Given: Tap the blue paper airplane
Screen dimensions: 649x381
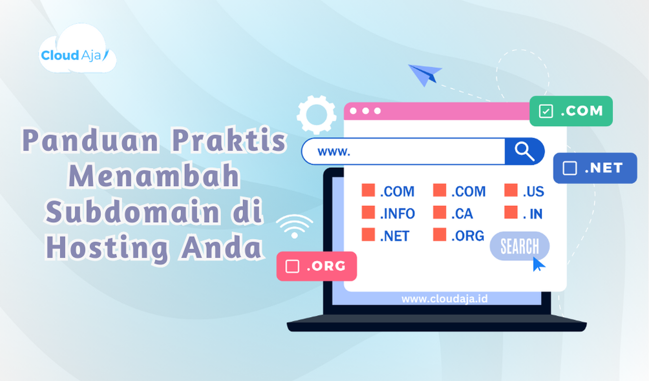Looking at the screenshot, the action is (425, 74).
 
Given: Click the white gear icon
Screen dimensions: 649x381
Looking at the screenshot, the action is (317, 114).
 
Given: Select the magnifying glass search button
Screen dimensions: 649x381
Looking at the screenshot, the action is (524, 151).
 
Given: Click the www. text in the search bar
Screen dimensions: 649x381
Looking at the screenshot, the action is (334, 152).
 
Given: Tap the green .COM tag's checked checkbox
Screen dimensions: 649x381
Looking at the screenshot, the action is (546, 111).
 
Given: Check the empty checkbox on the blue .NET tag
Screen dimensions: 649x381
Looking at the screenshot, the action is (569, 168).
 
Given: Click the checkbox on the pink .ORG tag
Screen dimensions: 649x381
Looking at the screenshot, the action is (292, 266).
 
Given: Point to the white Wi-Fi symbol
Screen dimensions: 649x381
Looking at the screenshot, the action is (294, 226).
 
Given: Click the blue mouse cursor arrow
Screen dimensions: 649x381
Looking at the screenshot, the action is (538, 264).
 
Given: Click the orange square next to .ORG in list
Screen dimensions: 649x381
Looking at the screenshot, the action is (440, 234).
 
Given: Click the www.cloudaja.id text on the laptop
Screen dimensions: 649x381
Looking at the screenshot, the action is (445, 299).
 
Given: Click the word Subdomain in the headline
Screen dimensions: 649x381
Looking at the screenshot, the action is (132, 212).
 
